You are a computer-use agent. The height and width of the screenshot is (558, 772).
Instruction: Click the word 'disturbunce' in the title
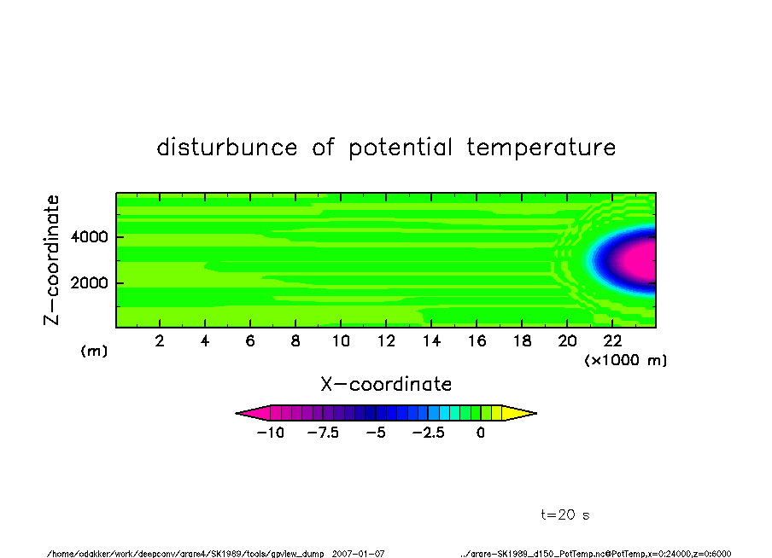tap(227, 147)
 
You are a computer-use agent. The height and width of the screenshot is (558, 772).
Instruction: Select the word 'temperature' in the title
tap(541, 147)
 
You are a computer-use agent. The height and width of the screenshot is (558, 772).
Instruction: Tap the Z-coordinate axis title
tap(52, 260)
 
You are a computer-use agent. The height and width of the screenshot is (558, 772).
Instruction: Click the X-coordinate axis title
tap(386, 384)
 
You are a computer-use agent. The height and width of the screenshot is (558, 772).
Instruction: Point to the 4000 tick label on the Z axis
tap(89, 236)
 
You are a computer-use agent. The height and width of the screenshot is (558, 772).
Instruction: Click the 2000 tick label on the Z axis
tap(89, 283)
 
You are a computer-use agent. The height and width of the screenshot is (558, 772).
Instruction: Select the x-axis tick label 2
tap(160, 340)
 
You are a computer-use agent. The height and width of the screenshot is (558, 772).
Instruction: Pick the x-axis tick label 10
tap(341, 340)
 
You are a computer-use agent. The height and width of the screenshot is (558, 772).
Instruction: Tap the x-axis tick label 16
tap(477, 340)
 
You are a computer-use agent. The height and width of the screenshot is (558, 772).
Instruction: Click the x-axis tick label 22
tap(612, 340)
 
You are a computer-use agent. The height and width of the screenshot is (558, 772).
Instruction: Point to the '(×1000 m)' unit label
tap(625, 360)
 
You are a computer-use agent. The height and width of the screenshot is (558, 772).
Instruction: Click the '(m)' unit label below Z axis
tap(94, 351)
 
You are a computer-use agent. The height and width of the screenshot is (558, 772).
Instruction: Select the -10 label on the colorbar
tap(271, 433)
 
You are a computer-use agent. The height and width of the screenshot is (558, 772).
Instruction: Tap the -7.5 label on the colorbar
tap(323, 433)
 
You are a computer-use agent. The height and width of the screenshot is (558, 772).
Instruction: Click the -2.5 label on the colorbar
tap(429, 433)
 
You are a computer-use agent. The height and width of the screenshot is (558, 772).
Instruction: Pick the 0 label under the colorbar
tap(481, 433)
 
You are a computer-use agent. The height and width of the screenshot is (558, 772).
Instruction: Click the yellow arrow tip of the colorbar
tap(536, 413)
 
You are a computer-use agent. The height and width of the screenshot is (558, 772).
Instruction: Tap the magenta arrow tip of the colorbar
tap(237, 413)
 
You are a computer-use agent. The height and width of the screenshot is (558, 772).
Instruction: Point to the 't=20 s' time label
tap(565, 514)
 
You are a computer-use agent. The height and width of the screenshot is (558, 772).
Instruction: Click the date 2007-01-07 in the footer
tap(359, 554)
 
